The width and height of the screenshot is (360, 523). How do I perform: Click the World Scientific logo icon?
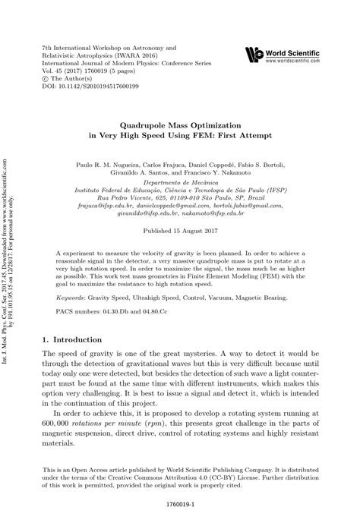254,52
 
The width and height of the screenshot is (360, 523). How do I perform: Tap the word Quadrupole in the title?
151,122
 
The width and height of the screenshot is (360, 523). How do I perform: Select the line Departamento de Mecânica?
180,183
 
